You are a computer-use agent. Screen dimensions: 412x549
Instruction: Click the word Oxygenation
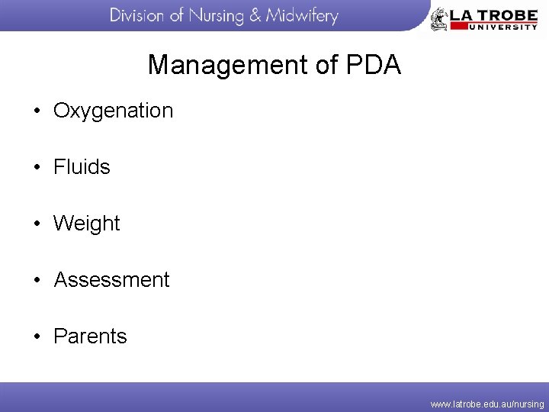pyautogui.click(x=114, y=111)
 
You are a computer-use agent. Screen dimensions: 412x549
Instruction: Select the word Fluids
pyautogui.click(x=82, y=167)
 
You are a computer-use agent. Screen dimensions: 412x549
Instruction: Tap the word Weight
pyautogui.click(x=87, y=224)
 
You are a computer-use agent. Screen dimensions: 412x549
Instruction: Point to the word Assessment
pyautogui.click(x=111, y=280)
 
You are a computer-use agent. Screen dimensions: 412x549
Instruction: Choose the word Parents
pyautogui.click(x=90, y=336)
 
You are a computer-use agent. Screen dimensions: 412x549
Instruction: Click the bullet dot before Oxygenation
pyautogui.click(x=37, y=111)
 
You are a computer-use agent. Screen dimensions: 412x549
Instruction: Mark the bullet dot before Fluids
pyautogui.click(x=37, y=168)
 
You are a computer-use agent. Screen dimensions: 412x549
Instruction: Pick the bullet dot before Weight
pyautogui.click(x=37, y=224)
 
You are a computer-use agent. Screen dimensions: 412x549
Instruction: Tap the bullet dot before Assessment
pyautogui.click(x=37, y=281)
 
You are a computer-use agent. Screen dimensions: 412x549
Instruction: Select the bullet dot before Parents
pyautogui.click(x=37, y=337)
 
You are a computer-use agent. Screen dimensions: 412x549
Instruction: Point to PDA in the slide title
pyautogui.click(x=373, y=65)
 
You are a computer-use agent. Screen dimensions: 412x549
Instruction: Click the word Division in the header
pyautogui.click(x=136, y=15)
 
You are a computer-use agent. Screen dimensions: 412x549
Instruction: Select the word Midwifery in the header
pyautogui.click(x=303, y=15)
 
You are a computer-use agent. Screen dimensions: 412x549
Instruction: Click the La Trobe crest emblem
pyautogui.click(x=439, y=19)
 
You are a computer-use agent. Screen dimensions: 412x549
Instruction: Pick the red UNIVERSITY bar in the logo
pyautogui.click(x=494, y=26)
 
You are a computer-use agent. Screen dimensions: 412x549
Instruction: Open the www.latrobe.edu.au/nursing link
pyautogui.click(x=487, y=404)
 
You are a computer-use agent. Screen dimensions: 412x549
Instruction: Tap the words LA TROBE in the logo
pyautogui.click(x=494, y=13)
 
